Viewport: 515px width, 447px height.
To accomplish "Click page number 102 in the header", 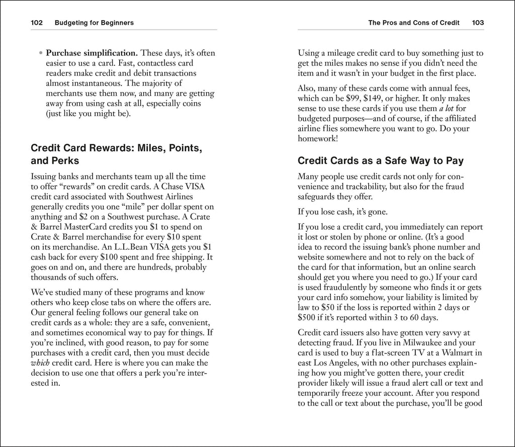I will click(38, 23).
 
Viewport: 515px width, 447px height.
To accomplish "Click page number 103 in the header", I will click(478, 23).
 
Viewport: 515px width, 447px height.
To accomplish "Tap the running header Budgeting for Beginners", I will click(94, 23).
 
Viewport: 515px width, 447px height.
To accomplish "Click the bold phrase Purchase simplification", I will click(92, 52).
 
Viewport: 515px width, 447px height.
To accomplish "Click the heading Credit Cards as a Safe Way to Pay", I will click(380, 161).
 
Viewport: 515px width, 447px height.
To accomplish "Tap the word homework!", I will click(318, 138).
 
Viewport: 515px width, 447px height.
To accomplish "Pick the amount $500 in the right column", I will click(308, 317).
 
